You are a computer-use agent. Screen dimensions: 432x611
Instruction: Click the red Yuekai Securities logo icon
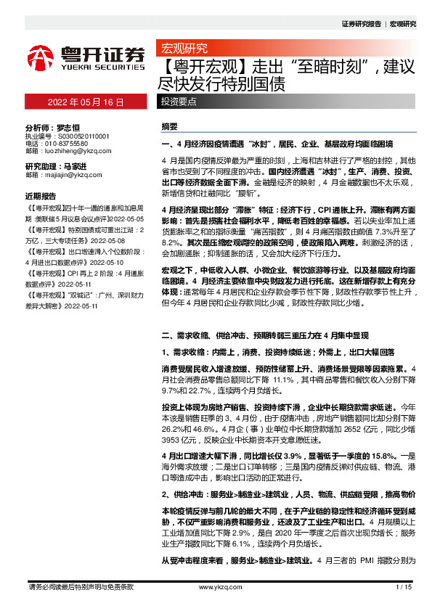[x=41, y=57]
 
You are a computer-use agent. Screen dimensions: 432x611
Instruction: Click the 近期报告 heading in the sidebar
[x=41, y=196]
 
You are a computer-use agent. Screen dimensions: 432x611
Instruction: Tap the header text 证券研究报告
[x=361, y=24]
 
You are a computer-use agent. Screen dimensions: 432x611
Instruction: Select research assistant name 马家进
[x=78, y=166]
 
